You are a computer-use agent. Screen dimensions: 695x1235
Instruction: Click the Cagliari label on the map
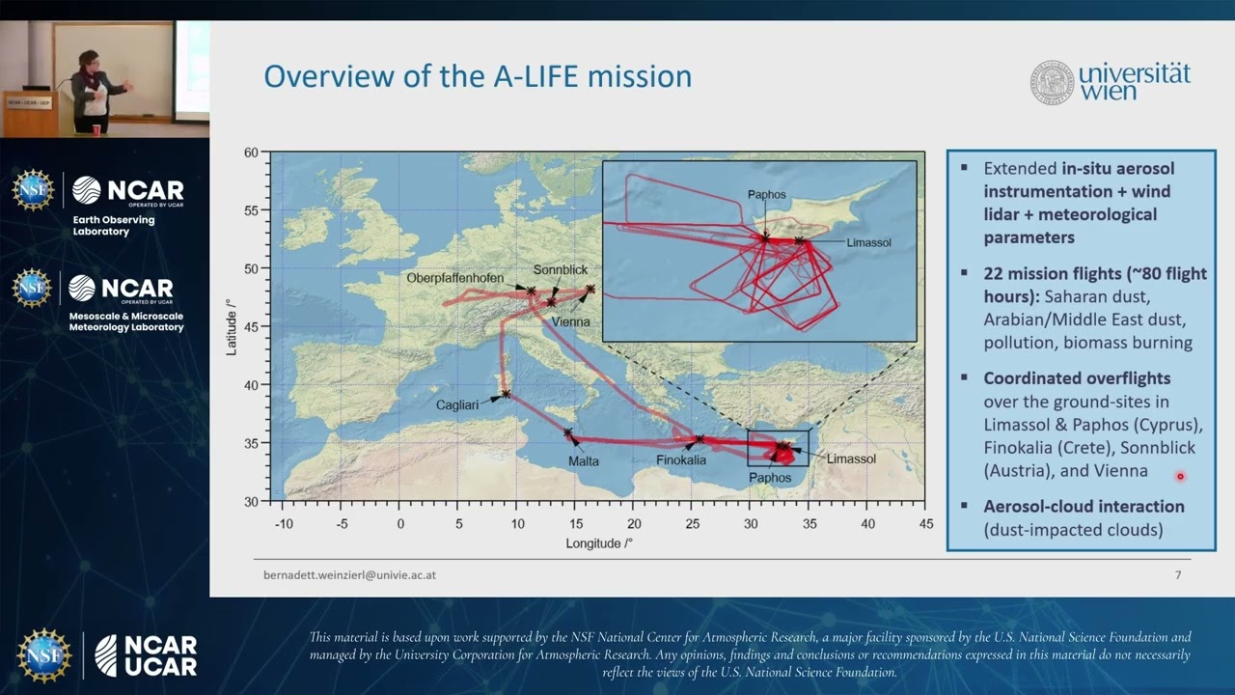point(456,405)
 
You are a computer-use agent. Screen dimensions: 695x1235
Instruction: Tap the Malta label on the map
point(583,461)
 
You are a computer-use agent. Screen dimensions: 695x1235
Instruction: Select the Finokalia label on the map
point(681,459)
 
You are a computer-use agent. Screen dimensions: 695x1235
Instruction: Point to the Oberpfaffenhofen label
point(455,278)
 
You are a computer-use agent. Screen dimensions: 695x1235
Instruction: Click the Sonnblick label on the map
point(560,270)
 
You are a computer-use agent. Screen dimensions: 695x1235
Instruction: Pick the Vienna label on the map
point(571,321)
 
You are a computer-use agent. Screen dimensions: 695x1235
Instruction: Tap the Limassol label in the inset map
point(868,242)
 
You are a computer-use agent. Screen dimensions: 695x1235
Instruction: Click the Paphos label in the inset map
point(767,194)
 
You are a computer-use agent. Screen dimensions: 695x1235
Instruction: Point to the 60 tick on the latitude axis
point(251,153)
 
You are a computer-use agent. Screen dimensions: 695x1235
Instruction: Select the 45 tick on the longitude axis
point(926,523)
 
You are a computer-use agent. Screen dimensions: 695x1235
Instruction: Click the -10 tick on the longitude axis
point(284,523)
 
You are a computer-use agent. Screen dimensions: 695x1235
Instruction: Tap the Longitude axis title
point(599,543)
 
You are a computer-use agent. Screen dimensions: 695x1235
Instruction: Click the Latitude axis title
point(232,326)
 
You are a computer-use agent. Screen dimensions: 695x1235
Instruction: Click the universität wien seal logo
point(1051,82)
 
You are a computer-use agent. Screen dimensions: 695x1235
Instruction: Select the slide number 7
point(1178,575)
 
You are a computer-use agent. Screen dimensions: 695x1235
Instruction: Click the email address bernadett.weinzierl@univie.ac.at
point(349,574)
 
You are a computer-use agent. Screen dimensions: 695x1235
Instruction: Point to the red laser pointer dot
point(1179,476)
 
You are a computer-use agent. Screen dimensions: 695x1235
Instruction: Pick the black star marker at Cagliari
point(506,394)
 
